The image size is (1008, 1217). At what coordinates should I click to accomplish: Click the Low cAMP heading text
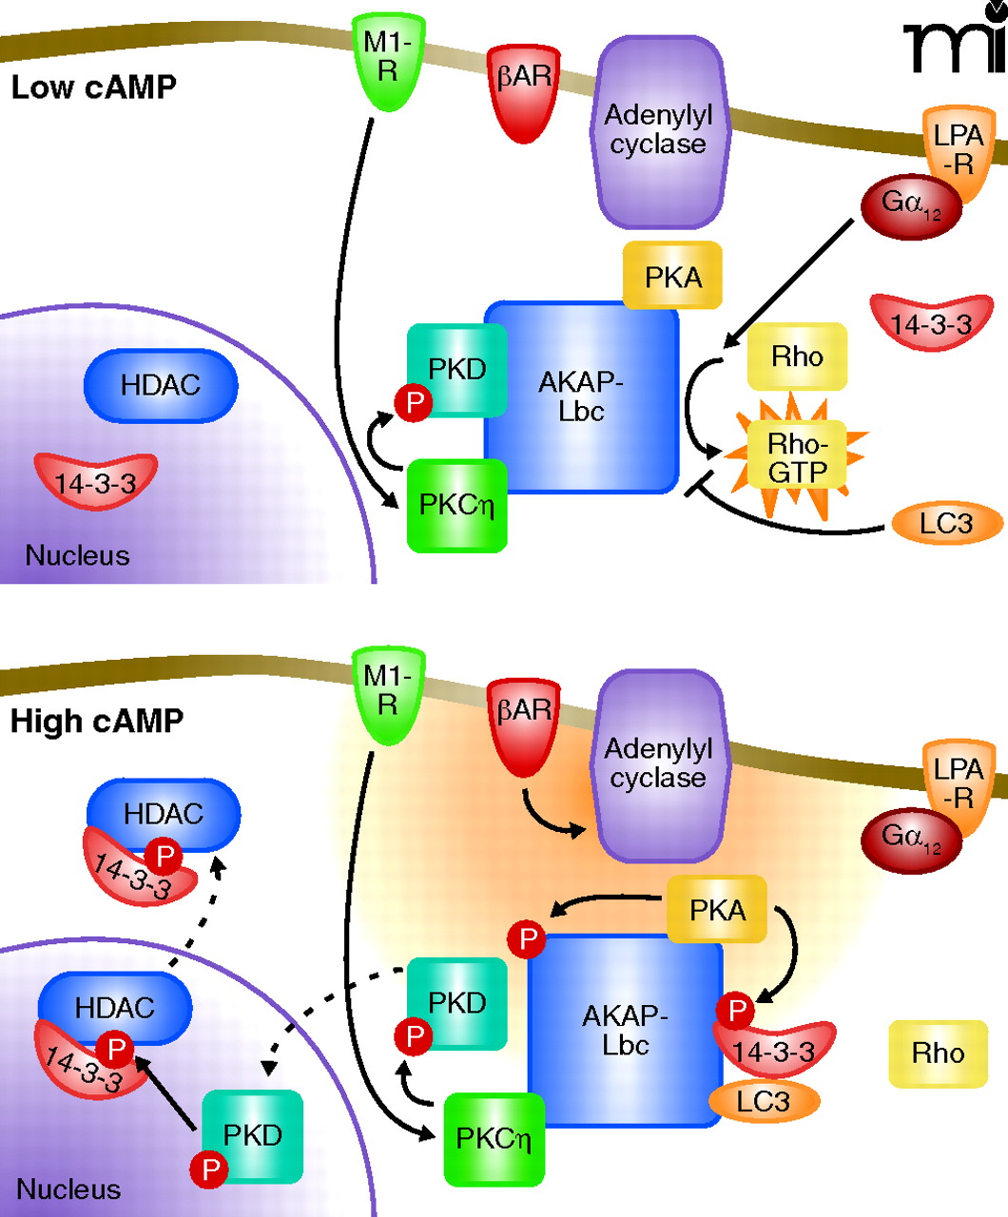93,87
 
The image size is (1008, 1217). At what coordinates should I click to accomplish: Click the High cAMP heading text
96,721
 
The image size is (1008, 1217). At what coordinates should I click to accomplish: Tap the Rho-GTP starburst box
797,457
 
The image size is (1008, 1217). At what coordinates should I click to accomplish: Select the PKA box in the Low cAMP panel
672,277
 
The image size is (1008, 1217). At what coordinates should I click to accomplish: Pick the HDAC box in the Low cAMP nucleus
160,385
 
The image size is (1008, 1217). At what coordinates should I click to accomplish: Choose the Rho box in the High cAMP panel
937,1053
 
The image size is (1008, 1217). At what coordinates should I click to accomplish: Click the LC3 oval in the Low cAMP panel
946,523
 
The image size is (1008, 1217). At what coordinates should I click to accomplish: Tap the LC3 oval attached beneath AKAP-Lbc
763,1101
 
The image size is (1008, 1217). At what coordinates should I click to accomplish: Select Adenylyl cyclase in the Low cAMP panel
658,131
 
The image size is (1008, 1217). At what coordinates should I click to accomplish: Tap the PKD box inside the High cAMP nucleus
252,1134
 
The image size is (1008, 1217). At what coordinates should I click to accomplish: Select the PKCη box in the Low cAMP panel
456,505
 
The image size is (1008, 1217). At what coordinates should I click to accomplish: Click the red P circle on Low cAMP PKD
414,402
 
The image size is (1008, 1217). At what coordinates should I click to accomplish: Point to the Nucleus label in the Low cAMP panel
77,555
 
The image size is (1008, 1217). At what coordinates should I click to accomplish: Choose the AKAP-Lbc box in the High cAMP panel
625,1031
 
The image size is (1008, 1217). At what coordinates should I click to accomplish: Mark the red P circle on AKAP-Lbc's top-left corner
526,940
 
